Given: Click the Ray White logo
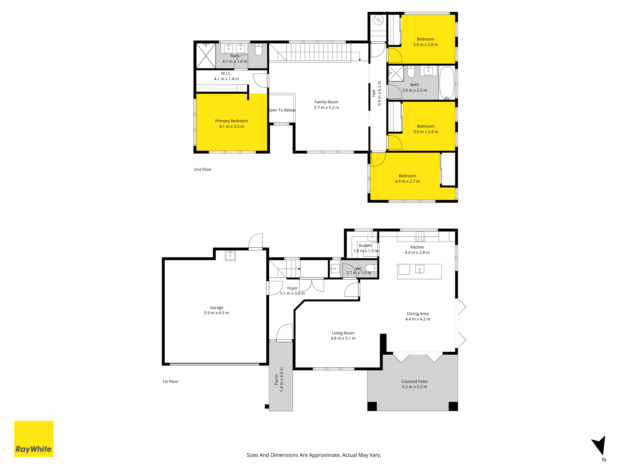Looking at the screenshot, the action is [x=34, y=439].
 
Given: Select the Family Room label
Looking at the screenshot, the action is [x=327, y=102].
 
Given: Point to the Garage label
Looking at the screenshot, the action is [x=217, y=307].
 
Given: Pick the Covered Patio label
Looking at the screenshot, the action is [x=414, y=382].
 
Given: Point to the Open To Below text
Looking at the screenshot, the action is [x=282, y=110].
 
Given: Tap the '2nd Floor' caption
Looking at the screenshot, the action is [x=203, y=170].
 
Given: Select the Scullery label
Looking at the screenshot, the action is [x=365, y=245].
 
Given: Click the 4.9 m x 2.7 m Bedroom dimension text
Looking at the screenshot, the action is [x=407, y=181].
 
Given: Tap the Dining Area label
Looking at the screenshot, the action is [x=418, y=314].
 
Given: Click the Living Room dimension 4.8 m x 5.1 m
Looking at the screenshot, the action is [x=343, y=338].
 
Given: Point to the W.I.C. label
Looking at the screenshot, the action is [x=226, y=73].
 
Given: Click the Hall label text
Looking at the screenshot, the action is [x=374, y=93].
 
